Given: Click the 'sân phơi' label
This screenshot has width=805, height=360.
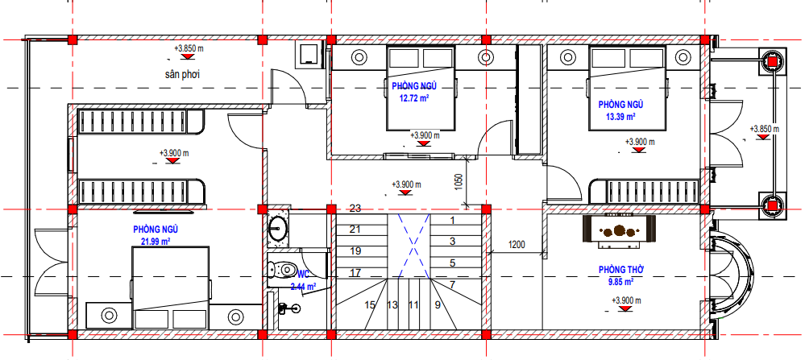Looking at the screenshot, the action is coord(182,74).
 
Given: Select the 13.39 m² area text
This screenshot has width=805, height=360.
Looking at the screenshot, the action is coord(620,117).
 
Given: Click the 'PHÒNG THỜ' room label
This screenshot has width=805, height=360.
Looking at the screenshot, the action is coord(621,270).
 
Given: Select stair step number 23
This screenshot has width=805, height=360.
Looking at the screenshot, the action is coord(355,209).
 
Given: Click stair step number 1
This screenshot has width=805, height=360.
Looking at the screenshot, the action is coord(452,221).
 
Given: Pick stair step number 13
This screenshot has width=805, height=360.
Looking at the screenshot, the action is coord(392,305).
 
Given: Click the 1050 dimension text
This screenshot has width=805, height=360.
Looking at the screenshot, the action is coord(459,183).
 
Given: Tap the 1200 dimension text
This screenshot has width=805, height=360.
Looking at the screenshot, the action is coord(517,245).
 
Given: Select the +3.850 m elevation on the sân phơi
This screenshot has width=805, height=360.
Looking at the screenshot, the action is coord(189,48).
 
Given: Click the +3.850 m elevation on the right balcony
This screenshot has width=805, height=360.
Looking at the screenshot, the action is coord(764,129).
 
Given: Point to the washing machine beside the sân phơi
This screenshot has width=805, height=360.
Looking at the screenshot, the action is coord(309,55).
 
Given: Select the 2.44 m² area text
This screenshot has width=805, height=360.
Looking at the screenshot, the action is coord(303,287).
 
